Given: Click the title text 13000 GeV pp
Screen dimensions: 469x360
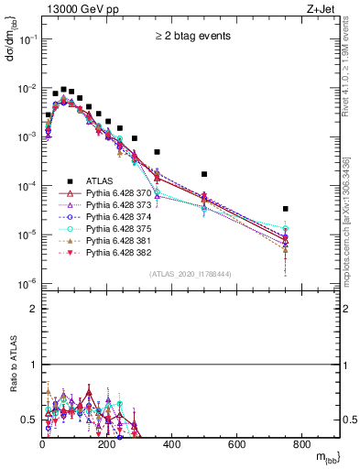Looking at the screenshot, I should click(x=73, y=9).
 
